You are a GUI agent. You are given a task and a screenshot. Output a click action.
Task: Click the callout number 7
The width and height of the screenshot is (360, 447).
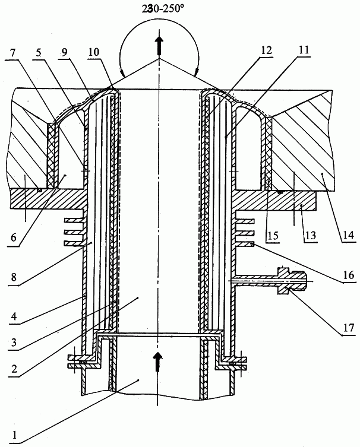point(12,53)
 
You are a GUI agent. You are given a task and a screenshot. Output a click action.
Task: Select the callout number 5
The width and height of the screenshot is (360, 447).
point(39,53)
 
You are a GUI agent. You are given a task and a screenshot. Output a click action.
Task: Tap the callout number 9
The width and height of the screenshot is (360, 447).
point(64,53)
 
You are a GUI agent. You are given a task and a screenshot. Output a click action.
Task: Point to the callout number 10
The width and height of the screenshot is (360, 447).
point(94,52)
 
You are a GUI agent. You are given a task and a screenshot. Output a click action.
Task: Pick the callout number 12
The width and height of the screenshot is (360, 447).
point(266,50)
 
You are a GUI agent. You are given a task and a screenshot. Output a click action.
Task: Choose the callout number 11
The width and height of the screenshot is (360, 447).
point(304,50)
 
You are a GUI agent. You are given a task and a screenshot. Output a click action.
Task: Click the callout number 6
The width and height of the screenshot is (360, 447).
point(14,237)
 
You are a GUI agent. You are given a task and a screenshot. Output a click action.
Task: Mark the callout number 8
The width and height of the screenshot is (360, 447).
point(14,277)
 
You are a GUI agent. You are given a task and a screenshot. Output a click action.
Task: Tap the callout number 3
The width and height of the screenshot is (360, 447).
point(14,343)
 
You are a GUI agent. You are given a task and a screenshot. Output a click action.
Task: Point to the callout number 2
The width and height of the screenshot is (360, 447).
point(14,369)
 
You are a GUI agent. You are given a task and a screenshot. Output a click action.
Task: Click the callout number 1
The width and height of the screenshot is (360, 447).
point(14,435)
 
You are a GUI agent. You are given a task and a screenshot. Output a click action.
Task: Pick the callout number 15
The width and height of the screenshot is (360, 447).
point(273,236)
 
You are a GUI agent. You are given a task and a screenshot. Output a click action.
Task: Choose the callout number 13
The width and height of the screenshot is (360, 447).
point(310,235)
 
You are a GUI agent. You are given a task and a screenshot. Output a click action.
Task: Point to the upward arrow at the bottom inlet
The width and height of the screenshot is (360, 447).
point(157,362)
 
